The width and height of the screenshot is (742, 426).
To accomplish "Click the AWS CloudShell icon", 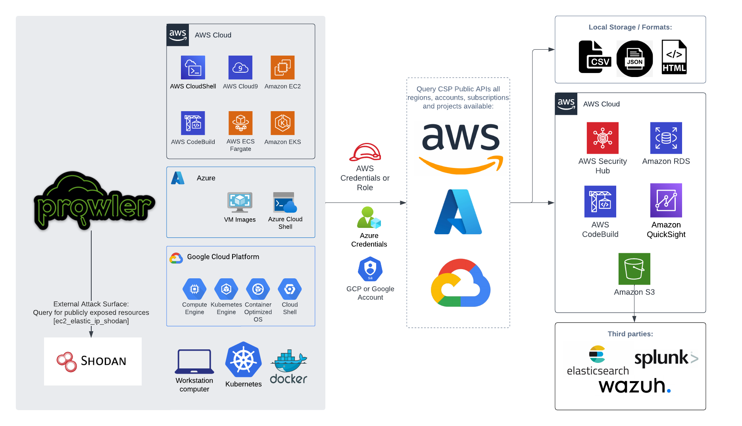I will (x=193, y=67).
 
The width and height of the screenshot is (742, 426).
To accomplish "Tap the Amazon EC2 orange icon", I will (x=283, y=67).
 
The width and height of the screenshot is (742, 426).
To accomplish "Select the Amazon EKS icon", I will (x=283, y=123).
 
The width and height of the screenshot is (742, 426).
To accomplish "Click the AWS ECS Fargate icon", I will (x=240, y=123).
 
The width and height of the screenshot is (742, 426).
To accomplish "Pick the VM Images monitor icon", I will (x=240, y=202).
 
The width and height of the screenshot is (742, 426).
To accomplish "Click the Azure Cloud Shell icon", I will (x=285, y=202).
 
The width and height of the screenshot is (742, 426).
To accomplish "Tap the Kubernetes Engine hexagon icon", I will (x=226, y=289).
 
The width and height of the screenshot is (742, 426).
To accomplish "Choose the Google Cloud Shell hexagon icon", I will (x=290, y=289).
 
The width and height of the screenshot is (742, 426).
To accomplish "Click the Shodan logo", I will (x=92, y=361).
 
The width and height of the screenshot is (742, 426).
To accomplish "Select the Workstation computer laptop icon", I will (x=194, y=362).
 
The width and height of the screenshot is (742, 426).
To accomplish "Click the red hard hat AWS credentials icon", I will (x=365, y=152).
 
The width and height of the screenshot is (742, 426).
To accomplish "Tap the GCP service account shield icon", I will (x=370, y=269).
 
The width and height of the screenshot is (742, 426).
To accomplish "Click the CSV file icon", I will (x=594, y=57).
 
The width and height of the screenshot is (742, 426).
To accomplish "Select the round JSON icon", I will (x=634, y=59).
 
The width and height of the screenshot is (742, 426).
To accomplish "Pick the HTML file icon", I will (x=674, y=57).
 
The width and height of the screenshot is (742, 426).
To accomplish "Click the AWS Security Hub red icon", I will (x=602, y=138).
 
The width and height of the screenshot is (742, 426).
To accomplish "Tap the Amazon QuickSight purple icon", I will (x=666, y=200).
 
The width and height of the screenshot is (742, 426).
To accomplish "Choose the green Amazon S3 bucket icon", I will (x=634, y=269).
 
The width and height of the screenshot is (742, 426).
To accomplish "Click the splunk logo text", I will (x=661, y=358).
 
